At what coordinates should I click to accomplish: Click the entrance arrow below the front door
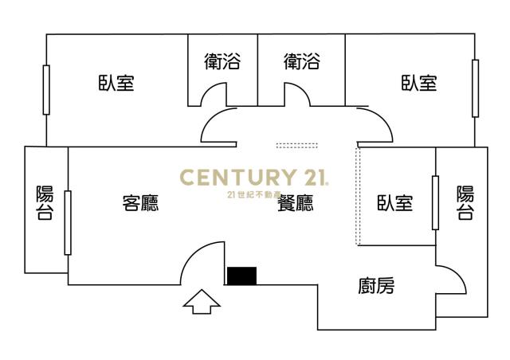202,302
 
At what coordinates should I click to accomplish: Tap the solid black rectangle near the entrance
241,276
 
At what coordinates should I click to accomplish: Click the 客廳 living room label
140,203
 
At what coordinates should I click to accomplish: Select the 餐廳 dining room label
296,203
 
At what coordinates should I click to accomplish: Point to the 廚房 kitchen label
376,285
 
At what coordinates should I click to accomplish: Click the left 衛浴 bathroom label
222,61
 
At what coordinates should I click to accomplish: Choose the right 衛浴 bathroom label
302,61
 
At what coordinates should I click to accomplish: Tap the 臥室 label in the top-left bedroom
116,82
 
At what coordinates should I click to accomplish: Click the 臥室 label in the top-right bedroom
419,82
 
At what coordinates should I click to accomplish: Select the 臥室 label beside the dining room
395,203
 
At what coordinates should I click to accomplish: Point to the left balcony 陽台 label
45,203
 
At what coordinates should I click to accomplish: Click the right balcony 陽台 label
465,203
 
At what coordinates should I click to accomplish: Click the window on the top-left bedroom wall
46,90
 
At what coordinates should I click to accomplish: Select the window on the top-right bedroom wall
475,88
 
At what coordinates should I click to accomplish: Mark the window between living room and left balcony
68,223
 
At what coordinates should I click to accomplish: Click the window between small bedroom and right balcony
436,202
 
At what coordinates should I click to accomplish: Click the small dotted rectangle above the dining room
297,146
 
